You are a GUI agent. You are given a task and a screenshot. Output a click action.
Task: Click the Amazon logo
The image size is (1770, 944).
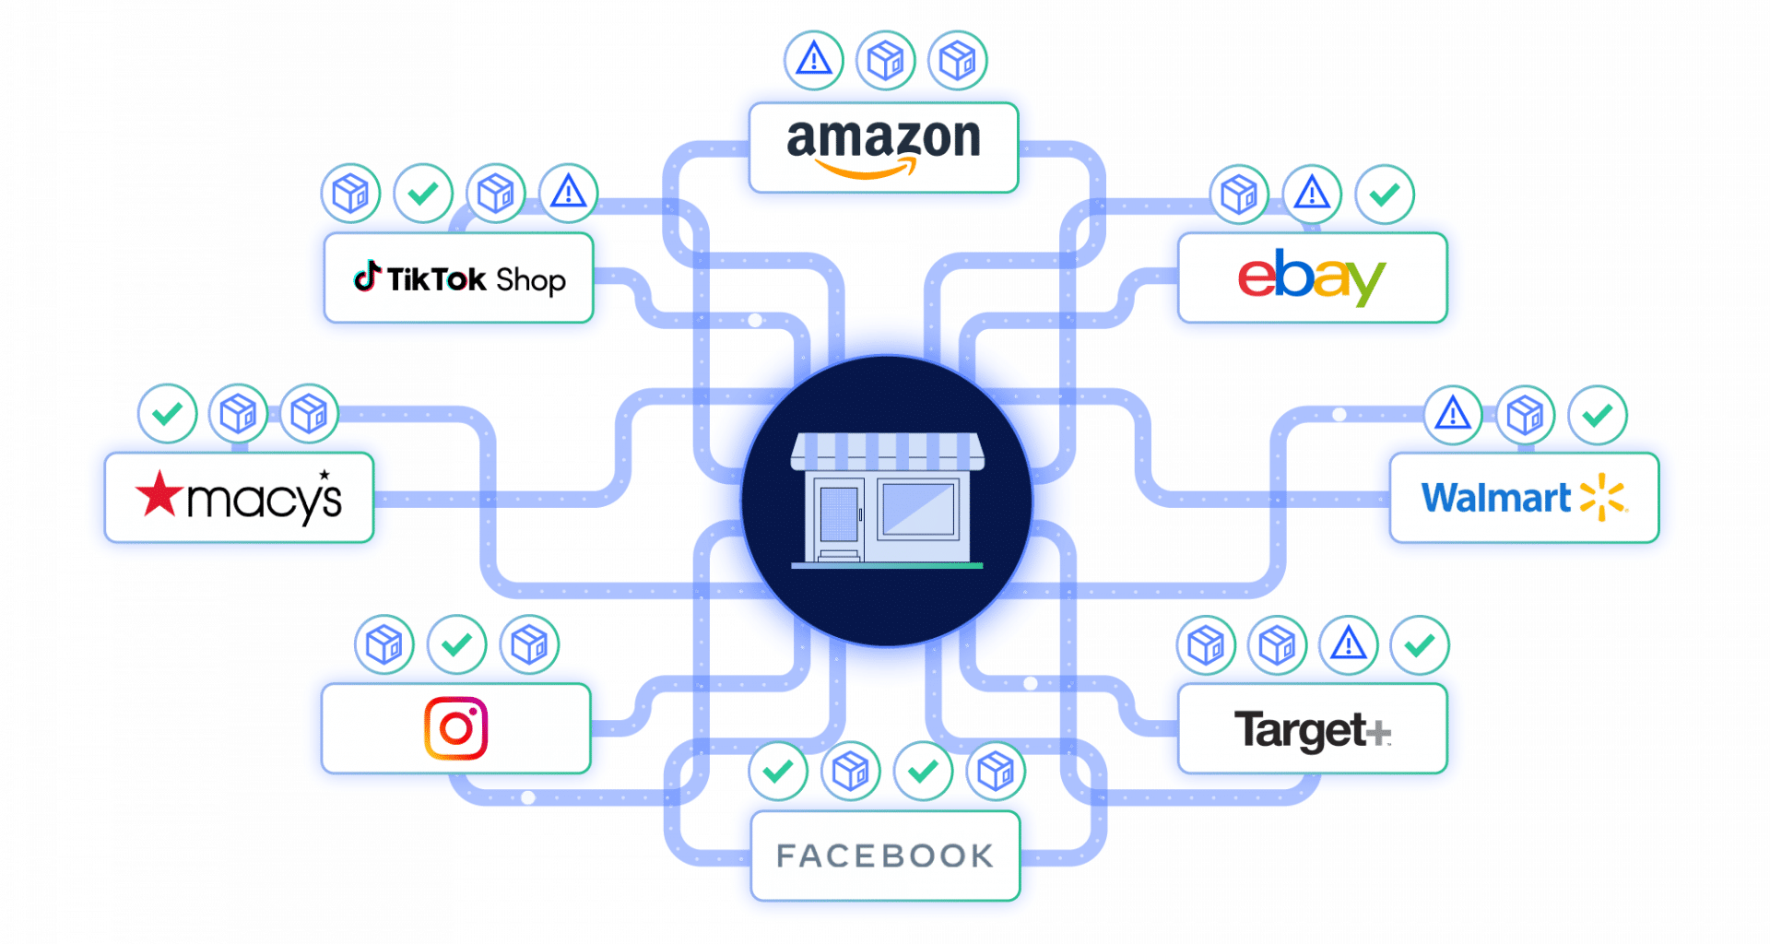(x=883, y=147)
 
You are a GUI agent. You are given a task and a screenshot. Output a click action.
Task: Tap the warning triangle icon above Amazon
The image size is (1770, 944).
(x=813, y=60)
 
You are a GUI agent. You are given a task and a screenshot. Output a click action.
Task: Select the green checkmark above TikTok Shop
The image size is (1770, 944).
(x=423, y=194)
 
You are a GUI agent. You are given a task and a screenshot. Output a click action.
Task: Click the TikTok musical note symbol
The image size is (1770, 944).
(x=368, y=277)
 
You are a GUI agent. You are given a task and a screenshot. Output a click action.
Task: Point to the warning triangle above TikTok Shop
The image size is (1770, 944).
(x=568, y=194)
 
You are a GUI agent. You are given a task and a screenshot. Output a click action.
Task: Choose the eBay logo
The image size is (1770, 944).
(x=1311, y=276)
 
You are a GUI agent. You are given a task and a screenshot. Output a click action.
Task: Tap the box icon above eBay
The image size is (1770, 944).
(x=1239, y=195)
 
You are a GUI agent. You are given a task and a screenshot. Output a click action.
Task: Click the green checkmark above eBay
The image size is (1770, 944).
(x=1384, y=195)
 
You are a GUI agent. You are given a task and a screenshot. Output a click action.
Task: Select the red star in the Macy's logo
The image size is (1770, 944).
(x=159, y=493)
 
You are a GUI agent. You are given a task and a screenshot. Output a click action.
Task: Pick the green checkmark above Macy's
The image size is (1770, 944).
(x=167, y=413)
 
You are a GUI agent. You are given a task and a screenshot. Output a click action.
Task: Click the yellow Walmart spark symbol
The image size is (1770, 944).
(x=1603, y=498)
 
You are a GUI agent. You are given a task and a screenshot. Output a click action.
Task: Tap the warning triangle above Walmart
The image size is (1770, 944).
(x=1453, y=414)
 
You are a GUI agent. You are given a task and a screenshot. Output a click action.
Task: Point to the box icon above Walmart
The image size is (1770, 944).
(x=1525, y=415)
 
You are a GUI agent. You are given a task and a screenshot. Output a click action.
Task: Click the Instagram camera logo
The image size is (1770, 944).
(x=455, y=728)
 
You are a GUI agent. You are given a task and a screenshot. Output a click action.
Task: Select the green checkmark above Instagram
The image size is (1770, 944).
(x=456, y=644)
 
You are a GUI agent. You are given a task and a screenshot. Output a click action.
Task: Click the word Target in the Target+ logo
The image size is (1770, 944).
(x=1300, y=730)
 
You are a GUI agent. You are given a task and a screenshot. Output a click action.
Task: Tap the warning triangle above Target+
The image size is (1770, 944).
(x=1348, y=644)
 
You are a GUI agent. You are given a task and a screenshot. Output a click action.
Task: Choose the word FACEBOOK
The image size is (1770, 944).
(x=885, y=855)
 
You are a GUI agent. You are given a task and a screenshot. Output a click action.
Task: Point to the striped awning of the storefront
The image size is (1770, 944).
(x=887, y=451)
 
